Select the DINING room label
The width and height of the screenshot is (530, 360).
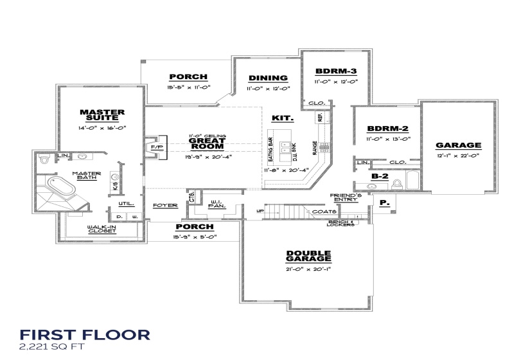click(268, 78)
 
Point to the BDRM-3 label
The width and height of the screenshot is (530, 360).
click(335, 71)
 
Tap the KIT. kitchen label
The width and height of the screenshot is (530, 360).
click(283, 118)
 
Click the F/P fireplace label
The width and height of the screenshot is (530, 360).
click(157, 147)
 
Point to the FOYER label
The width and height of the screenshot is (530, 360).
click(165, 205)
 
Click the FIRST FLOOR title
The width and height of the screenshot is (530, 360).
click(84, 335)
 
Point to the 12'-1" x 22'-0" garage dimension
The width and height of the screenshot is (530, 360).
click(458, 156)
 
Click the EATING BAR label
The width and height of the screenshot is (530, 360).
click(270, 150)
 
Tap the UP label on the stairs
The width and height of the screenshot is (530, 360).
click(260, 210)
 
